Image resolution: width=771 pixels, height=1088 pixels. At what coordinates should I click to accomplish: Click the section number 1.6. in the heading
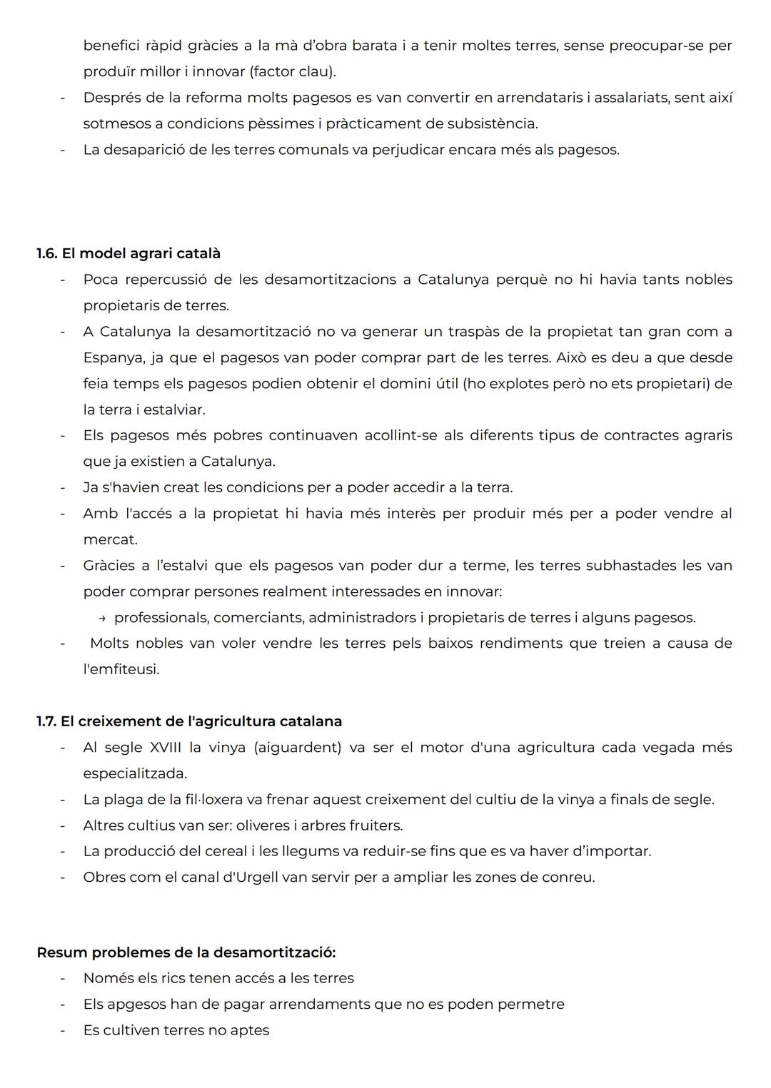(47, 253)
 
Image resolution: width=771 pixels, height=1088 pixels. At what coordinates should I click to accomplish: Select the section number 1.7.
(46, 721)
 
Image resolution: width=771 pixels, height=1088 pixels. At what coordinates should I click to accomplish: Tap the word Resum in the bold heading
(62, 952)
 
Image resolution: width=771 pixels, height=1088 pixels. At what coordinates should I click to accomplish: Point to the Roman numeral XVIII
(166, 747)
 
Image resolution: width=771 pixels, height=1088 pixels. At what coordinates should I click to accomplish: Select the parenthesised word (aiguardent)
(298, 747)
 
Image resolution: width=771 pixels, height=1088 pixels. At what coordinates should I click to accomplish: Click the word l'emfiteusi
(121, 669)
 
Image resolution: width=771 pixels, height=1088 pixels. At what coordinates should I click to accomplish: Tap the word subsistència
(492, 123)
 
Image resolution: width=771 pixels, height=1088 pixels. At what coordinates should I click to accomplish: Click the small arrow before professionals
(102, 618)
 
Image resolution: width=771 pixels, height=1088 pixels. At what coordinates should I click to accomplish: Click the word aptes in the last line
(251, 1030)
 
